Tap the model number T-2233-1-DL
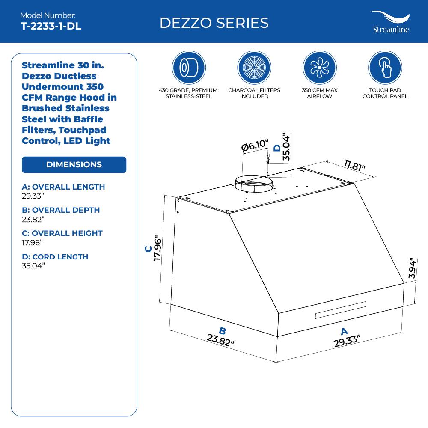tap(51, 26)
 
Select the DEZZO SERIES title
tap(214, 23)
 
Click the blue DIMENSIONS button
tap(74, 165)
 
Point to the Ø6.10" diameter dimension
tap(255, 146)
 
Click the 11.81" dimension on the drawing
tap(355, 165)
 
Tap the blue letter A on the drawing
tap(344, 331)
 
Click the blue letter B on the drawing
tap(223, 330)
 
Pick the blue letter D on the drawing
tap(277, 148)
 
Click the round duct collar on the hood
tap(253, 185)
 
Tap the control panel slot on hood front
tap(341, 310)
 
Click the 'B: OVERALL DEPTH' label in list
tap(61, 210)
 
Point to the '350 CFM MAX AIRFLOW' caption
tap(319, 93)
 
